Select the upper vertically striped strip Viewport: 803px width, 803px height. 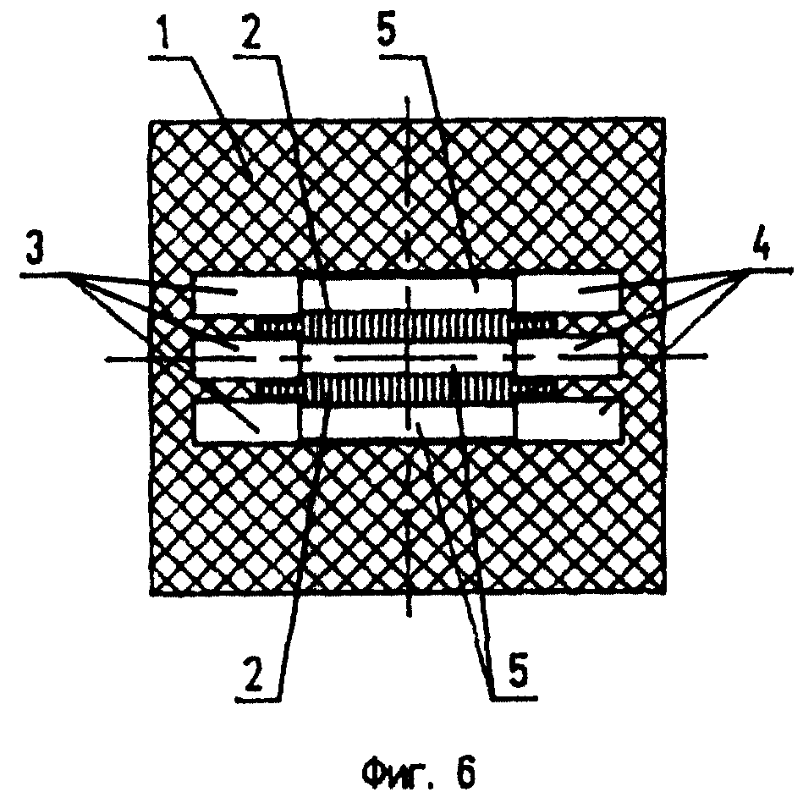pyautogui.click(x=407, y=325)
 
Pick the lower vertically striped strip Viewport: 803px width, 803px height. pyautogui.click(x=407, y=388)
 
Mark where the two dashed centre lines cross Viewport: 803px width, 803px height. pyautogui.click(x=408, y=358)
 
